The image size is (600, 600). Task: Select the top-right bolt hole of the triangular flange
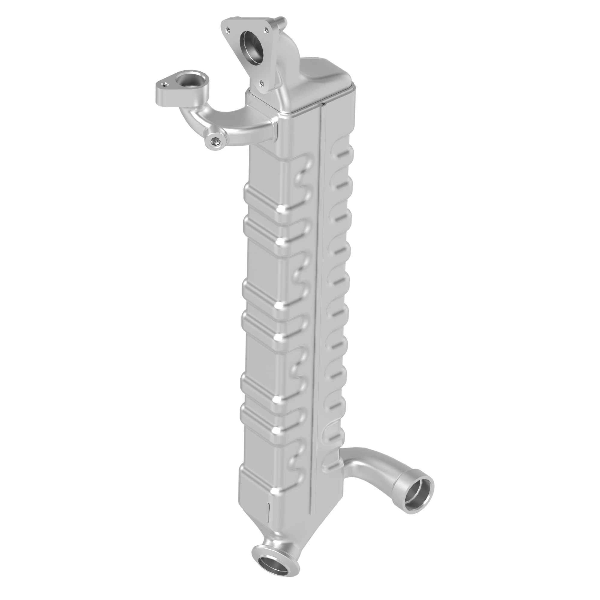click(266, 30)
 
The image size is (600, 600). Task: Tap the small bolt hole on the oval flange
click(165, 83)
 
